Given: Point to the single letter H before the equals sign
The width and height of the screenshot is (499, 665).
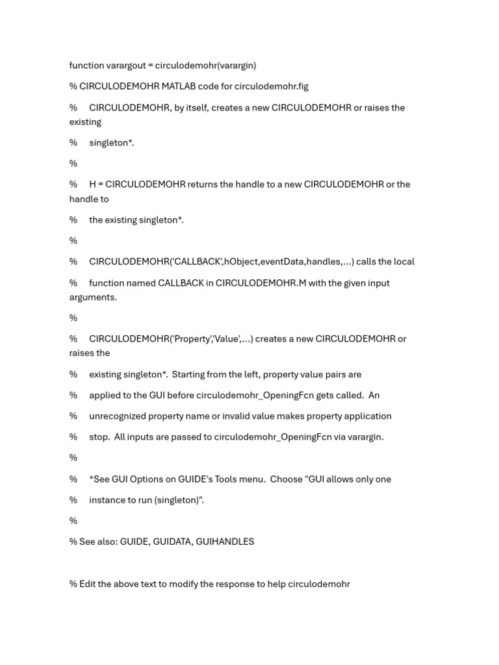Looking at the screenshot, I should (x=93, y=184).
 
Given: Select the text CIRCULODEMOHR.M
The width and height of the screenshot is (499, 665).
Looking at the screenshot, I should (x=261, y=283).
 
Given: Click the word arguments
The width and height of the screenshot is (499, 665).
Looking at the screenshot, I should (x=93, y=297).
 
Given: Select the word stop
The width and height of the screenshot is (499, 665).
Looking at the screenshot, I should (x=99, y=437).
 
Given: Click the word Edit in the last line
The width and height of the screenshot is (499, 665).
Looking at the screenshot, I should (x=87, y=584).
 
